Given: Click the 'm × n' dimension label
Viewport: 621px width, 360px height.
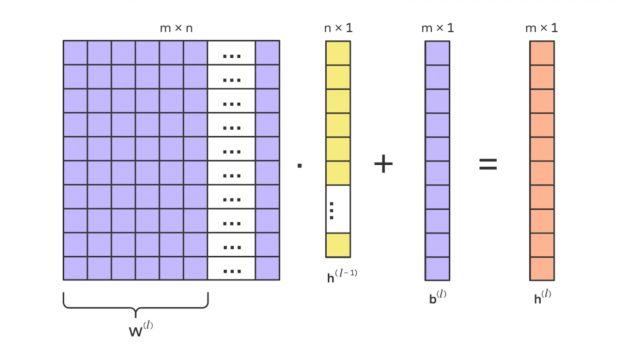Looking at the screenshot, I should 176,28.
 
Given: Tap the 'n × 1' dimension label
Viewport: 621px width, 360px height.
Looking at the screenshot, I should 338,28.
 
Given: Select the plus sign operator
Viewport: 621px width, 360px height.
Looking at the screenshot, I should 383,164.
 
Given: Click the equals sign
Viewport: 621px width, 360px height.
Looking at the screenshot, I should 488,164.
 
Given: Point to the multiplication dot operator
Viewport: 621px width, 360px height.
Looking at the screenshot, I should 300,166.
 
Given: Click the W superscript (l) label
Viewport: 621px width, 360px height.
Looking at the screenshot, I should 141,329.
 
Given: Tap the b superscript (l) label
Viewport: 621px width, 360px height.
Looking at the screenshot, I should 437,297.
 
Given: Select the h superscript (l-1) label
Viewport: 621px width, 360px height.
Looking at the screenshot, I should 342,276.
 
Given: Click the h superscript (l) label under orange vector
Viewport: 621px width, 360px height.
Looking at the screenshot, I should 542,297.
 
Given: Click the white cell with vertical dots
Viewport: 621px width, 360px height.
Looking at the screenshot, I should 338,209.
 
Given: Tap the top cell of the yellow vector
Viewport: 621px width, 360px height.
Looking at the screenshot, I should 338,53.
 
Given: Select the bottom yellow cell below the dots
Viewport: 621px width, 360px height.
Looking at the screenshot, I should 338,245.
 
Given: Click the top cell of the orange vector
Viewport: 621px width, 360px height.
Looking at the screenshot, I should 542,53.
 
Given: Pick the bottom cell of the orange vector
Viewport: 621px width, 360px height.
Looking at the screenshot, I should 542,269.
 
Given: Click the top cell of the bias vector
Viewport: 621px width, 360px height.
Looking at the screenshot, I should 437,53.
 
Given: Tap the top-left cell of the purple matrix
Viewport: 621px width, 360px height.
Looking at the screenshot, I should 75,53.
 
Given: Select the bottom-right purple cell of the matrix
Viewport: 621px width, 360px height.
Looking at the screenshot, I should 267,268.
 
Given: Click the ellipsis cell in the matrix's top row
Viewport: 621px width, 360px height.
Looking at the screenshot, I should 231,53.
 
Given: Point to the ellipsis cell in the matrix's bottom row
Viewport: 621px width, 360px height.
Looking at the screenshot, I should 231,268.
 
